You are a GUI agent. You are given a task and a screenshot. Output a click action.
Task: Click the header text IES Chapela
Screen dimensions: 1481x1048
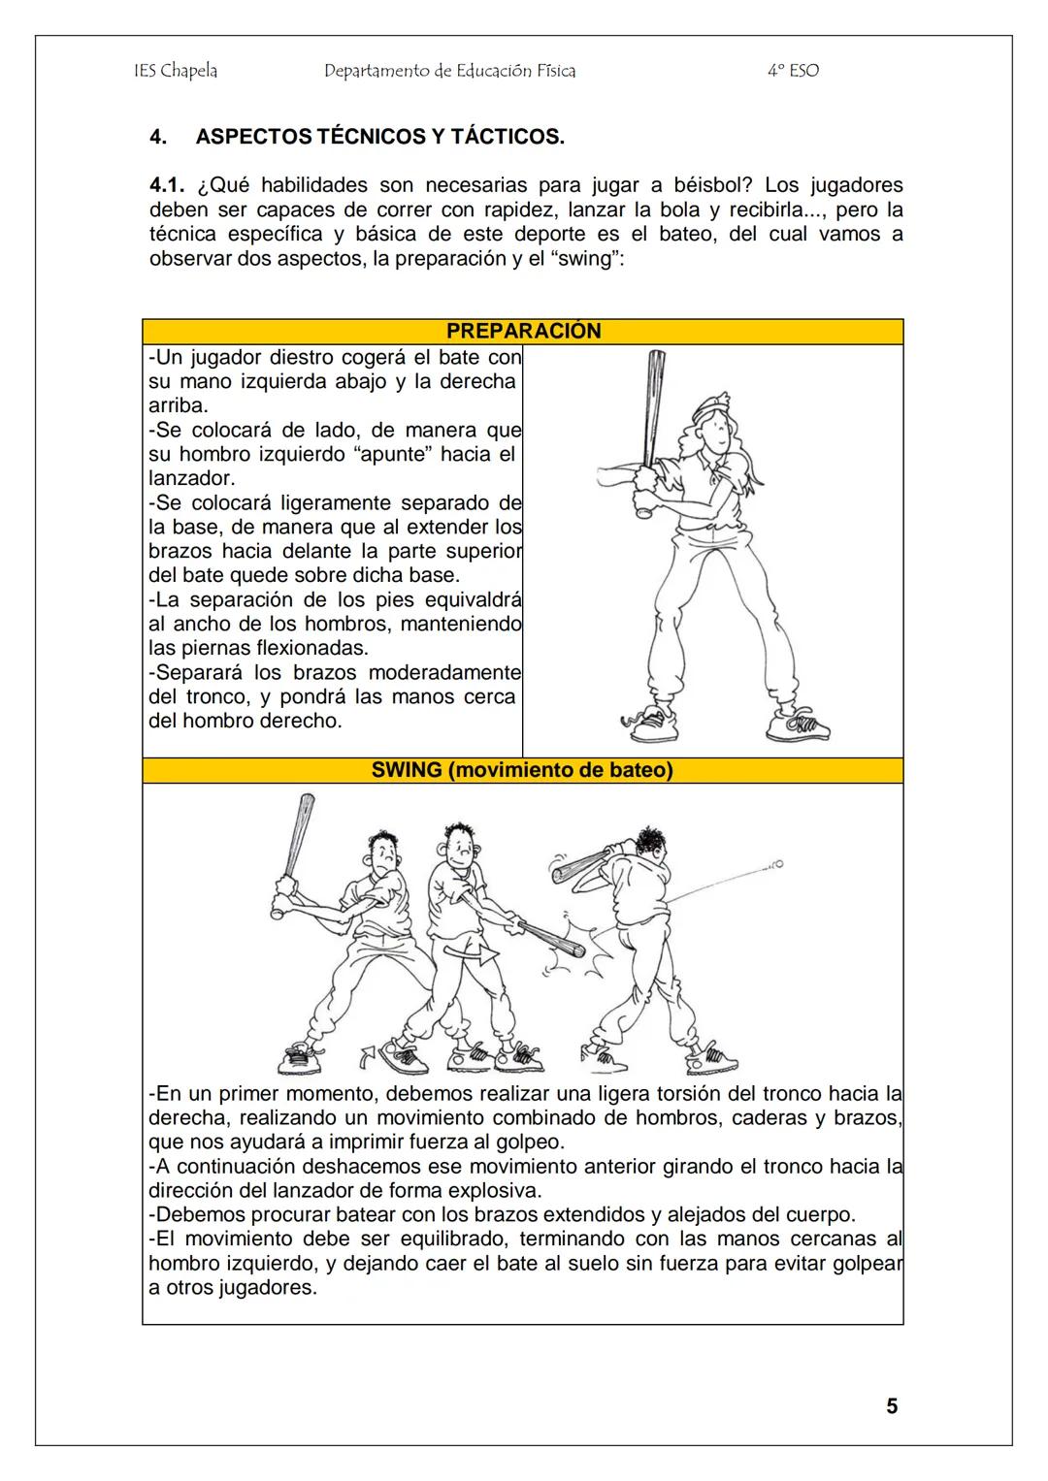[x=175, y=71]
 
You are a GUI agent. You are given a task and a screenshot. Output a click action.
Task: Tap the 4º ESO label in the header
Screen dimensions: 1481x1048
[x=792, y=71]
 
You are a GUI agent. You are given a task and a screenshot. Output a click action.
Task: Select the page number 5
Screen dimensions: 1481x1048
[x=892, y=1406]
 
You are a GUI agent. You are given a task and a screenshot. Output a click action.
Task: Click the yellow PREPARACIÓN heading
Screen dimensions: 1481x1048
[x=523, y=331]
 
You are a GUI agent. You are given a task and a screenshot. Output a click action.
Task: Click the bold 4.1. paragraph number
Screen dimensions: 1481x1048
[x=169, y=185]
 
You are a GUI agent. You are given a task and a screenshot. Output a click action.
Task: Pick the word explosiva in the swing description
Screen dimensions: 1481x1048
[x=495, y=1190]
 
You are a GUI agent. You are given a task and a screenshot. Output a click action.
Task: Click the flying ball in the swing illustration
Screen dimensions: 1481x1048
[x=776, y=862]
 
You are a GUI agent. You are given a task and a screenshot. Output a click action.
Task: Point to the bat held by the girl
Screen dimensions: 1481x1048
[x=651, y=417]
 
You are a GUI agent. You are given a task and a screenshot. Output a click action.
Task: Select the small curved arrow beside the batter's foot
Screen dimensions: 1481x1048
[x=368, y=1054]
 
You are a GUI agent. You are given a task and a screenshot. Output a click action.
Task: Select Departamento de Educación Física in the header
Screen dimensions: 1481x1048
[x=449, y=71]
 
